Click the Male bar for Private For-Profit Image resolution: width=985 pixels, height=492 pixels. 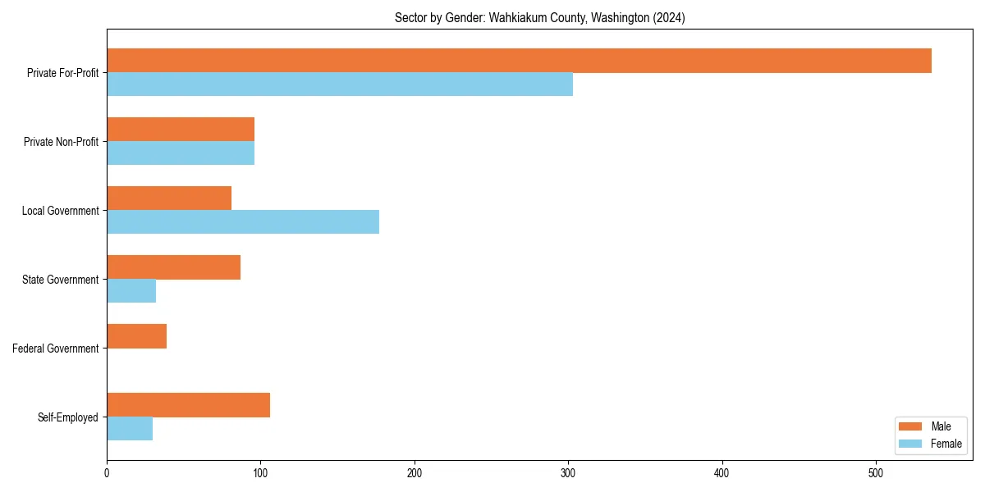[519, 61]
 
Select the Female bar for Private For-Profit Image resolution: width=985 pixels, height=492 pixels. [340, 84]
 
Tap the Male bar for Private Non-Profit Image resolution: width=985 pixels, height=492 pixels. [181, 130]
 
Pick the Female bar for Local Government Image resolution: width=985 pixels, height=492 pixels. [243, 222]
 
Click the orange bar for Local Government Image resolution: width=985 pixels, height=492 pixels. [169, 198]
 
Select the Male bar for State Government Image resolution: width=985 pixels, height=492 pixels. [173, 267]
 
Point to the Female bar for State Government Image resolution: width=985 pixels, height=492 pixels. [131, 291]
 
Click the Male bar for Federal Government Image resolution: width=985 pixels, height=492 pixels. [136, 336]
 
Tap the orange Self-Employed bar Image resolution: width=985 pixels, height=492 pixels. [188, 405]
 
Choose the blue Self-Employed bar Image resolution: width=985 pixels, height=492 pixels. [130, 429]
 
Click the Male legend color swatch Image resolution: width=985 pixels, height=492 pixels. [911, 426]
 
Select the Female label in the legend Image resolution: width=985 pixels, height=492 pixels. [946, 444]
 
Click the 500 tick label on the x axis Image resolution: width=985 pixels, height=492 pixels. [876, 473]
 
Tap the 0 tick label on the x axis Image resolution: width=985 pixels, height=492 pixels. [107, 473]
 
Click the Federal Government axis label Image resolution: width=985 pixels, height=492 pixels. [56, 348]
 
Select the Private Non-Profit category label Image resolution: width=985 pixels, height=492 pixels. [61, 142]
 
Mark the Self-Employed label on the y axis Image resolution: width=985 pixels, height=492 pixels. [68, 417]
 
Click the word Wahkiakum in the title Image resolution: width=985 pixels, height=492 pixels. [517, 17]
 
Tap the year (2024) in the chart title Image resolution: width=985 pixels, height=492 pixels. [669, 17]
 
